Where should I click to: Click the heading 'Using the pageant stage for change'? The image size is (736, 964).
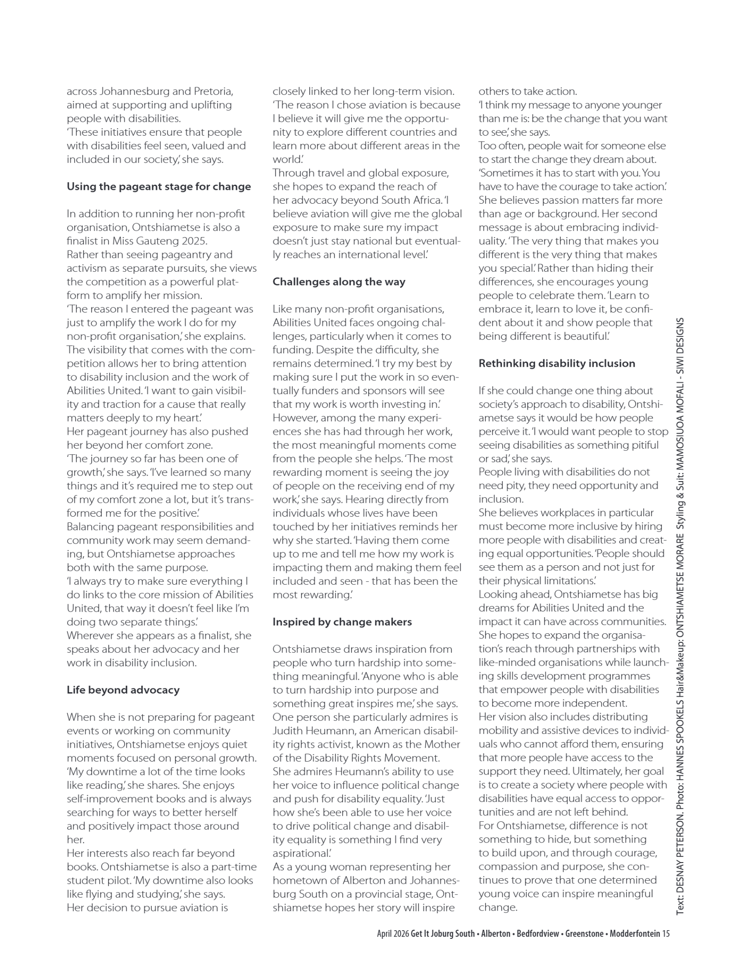[159, 186]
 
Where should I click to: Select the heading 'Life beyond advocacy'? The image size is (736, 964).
[123, 690]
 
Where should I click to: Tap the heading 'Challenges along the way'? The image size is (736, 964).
[339, 281]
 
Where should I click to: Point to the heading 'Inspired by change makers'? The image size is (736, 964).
[342, 622]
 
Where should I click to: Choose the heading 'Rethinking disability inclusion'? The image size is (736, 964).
[556, 363]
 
